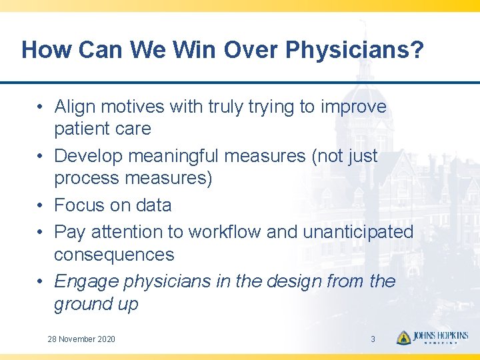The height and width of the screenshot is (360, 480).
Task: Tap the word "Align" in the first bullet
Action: click(x=75, y=107)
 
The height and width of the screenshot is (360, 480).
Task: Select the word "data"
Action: click(x=153, y=205)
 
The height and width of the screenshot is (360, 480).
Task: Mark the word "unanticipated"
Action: click(x=358, y=232)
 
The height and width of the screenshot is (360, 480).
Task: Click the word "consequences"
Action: click(x=114, y=255)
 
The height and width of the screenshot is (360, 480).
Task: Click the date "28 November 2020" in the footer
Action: click(x=81, y=339)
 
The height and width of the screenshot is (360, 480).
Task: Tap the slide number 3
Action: click(x=373, y=339)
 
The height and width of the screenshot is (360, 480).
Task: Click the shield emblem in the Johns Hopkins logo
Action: click(x=403, y=338)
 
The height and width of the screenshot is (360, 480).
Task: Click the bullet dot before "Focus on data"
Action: click(x=41, y=205)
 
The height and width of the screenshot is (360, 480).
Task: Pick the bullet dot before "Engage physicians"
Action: click(x=41, y=282)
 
